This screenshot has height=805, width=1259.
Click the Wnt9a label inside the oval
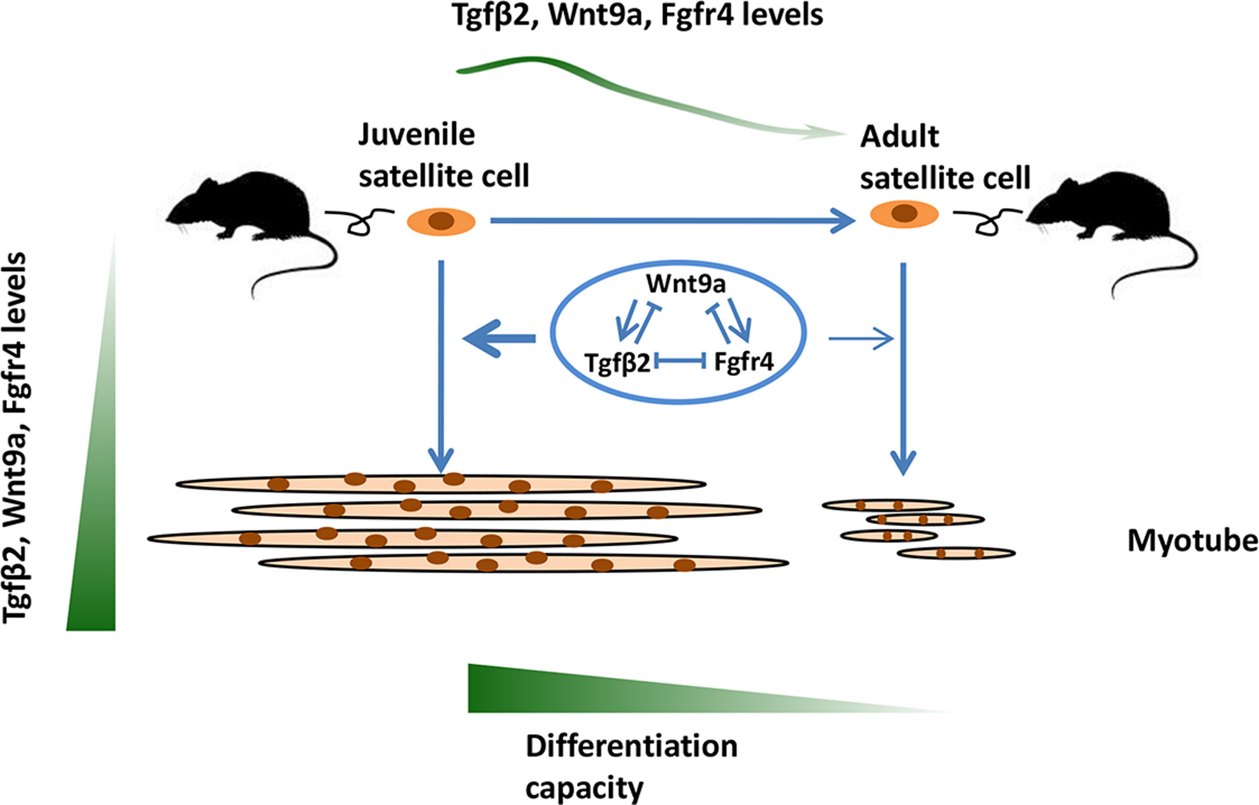685,284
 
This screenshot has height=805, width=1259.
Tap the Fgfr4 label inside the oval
743,361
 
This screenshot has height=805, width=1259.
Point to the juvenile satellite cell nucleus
441,222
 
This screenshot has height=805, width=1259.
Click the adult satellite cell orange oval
882,215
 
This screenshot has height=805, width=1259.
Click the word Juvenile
416,135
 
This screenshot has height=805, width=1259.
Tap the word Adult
899,137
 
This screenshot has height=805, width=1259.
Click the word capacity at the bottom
583,788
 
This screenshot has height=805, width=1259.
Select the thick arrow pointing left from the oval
497,339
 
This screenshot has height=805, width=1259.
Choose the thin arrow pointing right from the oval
861,339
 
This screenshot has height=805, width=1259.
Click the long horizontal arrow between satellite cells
669,221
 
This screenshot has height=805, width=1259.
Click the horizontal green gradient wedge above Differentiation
592,690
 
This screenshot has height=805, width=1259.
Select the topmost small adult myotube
887,505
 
